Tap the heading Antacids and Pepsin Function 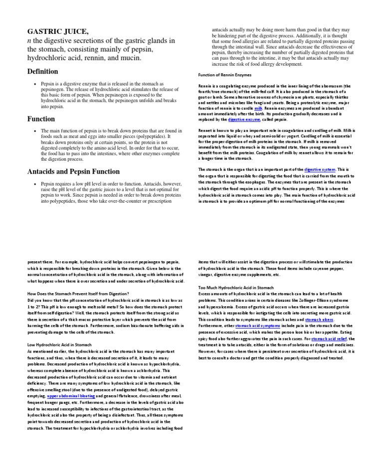tap(73, 172)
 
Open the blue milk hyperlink tap(258, 108)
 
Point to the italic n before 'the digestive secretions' tap(29, 41)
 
